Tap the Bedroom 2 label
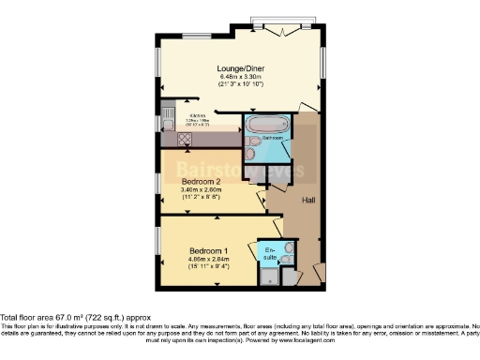coord(201,183)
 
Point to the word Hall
coord(307,201)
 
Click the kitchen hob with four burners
coord(184,137)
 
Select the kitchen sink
coord(166,118)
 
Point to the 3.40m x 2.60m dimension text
coord(201,191)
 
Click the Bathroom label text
coord(272,139)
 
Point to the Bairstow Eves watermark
coord(239,169)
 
